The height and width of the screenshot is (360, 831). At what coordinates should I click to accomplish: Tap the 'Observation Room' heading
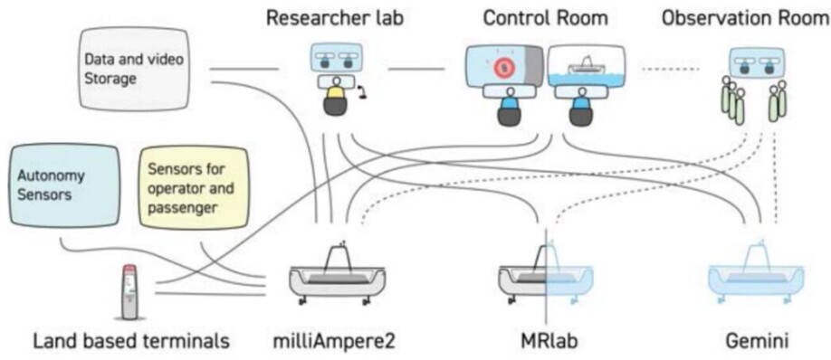[x=744, y=18]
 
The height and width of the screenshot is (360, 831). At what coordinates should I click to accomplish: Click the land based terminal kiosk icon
[x=132, y=289]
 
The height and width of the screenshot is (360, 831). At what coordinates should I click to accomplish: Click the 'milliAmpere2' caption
[x=334, y=342]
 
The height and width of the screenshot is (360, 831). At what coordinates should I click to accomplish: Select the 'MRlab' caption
[x=545, y=342]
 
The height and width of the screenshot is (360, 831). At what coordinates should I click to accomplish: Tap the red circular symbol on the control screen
[x=503, y=68]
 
